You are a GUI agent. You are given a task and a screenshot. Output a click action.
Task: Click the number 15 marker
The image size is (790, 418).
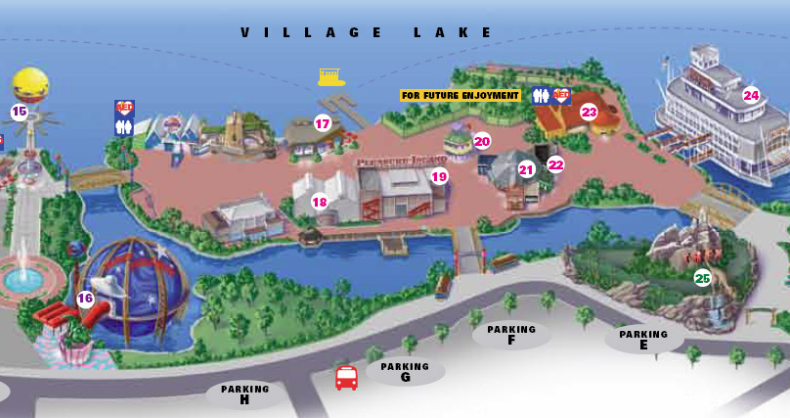coord(19,112)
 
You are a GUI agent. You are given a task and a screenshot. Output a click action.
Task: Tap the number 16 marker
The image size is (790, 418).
coord(85,300)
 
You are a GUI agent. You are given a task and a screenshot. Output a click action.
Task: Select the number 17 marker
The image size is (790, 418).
coord(323,123)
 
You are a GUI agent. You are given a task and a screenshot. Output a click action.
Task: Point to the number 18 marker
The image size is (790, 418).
coord(320,203)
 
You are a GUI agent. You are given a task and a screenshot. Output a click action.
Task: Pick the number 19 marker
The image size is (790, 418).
coord(439,177)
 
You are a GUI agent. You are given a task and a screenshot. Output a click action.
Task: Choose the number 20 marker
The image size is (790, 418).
coord(482,141)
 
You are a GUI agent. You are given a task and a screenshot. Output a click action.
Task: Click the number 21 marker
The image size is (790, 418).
coord(526,169)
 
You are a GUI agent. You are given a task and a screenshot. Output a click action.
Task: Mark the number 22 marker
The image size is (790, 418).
coord(555,164)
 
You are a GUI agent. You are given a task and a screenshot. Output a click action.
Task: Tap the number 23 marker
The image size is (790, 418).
coord(589,113)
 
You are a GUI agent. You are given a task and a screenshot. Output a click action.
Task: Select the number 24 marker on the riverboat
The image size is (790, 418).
coord(750,95)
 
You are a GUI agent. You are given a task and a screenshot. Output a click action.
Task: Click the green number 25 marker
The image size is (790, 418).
coord(702,277)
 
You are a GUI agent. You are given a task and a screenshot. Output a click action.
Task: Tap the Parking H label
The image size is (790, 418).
coord(244,395)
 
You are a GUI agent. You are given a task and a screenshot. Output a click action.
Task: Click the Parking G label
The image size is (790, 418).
coord(405,372)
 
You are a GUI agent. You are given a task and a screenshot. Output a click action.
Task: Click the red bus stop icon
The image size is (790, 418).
coord(346,378)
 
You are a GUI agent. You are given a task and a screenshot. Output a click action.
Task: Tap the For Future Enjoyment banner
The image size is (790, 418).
coord(460,96)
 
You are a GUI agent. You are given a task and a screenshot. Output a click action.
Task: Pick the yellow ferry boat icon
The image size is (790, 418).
coord(332,76)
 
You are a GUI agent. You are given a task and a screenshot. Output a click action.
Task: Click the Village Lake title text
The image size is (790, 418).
coord(367,32)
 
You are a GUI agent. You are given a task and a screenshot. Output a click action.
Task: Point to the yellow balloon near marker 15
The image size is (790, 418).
coord(31,84)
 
